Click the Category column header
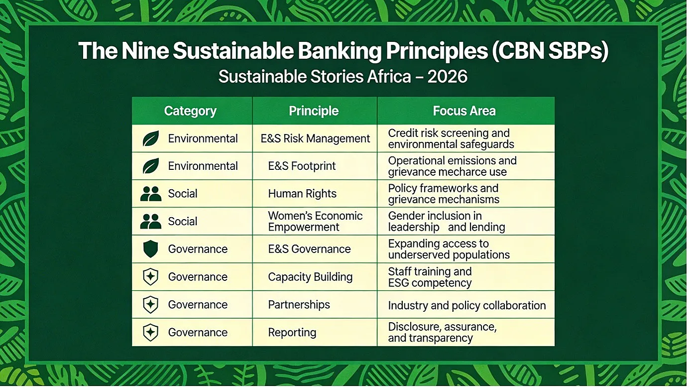coord(190,111)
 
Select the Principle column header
coord(314,111)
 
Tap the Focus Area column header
coord(464,111)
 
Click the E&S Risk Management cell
coord(315,138)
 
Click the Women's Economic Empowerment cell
coord(315,221)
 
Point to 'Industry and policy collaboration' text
coord(466,305)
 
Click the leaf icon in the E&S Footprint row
coord(151,166)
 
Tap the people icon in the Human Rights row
coord(151,194)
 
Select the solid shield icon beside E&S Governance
coord(151,249)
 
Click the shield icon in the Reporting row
coord(151,332)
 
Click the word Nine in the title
coord(145,50)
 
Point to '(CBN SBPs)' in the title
coord(549,51)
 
